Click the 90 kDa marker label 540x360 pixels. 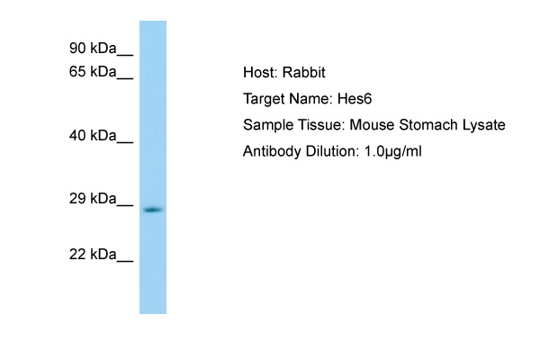[x=93, y=49]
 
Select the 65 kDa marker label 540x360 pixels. [x=93, y=72]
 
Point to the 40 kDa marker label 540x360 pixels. [x=93, y=135]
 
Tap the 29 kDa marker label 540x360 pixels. [x=93, y=198]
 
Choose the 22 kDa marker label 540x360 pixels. [x=93, y=254]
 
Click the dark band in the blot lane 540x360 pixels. [x=153, y=210]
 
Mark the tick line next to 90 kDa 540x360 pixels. [x=125, y=54]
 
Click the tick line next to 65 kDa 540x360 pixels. [x=125, y=78]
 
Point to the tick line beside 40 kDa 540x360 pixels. [x=125, y=141]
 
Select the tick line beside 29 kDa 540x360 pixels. [x=125, y=205]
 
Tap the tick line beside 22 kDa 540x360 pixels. [x=125, y=261]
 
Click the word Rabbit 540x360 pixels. [x=304, y=72]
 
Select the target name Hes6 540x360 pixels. [x=355, y=99]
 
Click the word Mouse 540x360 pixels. [x=372, y=125]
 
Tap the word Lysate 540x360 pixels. [x=484, y=125]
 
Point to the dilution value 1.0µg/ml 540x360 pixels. [x=393, y=151]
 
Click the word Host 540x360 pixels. [x=260, y=72]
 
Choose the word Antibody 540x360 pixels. [x=272, y=152]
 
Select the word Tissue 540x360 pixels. [x=321, y=125]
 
